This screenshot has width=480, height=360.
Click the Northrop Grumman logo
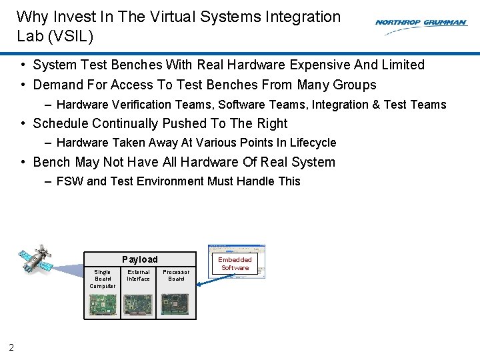tap(421, 23)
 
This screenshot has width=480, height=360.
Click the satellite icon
tap(35, 260)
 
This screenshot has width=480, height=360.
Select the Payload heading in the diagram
tap(140, 259)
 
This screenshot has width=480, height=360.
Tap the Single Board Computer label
tap(103, 279)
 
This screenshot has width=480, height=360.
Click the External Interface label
tap(139, 275)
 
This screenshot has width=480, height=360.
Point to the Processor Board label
tap(176, 275)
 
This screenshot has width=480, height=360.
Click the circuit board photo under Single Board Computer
tap(103, 305)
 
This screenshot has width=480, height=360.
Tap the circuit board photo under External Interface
tap(138, 305)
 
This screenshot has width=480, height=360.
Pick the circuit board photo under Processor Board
tap(176, 305)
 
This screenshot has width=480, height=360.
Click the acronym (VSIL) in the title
tap(70, 36)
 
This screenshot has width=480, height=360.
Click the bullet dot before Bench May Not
tap(23, 162)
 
